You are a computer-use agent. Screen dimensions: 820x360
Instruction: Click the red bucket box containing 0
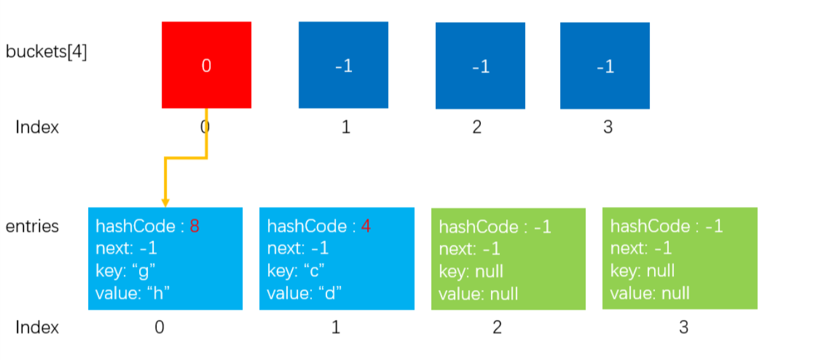coord(206,65)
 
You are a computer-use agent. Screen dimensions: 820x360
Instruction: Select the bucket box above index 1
coord(344,65)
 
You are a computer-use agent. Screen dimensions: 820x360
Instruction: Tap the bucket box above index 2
coord(480,65)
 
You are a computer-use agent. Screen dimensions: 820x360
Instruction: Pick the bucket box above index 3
coord(605,65)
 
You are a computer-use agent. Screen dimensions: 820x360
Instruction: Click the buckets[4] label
coord(46,51)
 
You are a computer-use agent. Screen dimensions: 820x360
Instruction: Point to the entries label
coord(32,227)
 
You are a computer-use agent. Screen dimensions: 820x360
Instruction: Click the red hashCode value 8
coord(194,226)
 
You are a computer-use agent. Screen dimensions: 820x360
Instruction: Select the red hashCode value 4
coord(366,226)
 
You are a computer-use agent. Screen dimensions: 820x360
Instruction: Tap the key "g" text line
coord(125,271)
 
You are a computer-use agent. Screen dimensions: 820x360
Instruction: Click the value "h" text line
coord(133,293)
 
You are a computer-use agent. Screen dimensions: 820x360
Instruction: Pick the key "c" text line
coord(296,271)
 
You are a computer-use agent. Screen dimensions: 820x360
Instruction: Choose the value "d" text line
coord(304,293)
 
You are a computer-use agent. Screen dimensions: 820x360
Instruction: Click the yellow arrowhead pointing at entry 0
coord(166,203)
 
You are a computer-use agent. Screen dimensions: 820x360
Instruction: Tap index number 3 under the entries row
coord(683,327)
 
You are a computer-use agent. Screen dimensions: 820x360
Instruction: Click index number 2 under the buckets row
coord(476,127)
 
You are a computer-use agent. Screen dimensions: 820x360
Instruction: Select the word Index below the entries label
coord(37,327)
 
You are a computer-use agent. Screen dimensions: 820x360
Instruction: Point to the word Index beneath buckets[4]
coord(37,127)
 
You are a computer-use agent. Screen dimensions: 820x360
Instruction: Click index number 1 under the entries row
coord(336,327)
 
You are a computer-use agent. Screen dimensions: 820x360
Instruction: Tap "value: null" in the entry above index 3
coord(650,293)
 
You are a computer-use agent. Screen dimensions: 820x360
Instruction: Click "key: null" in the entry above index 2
coord(471,272)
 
